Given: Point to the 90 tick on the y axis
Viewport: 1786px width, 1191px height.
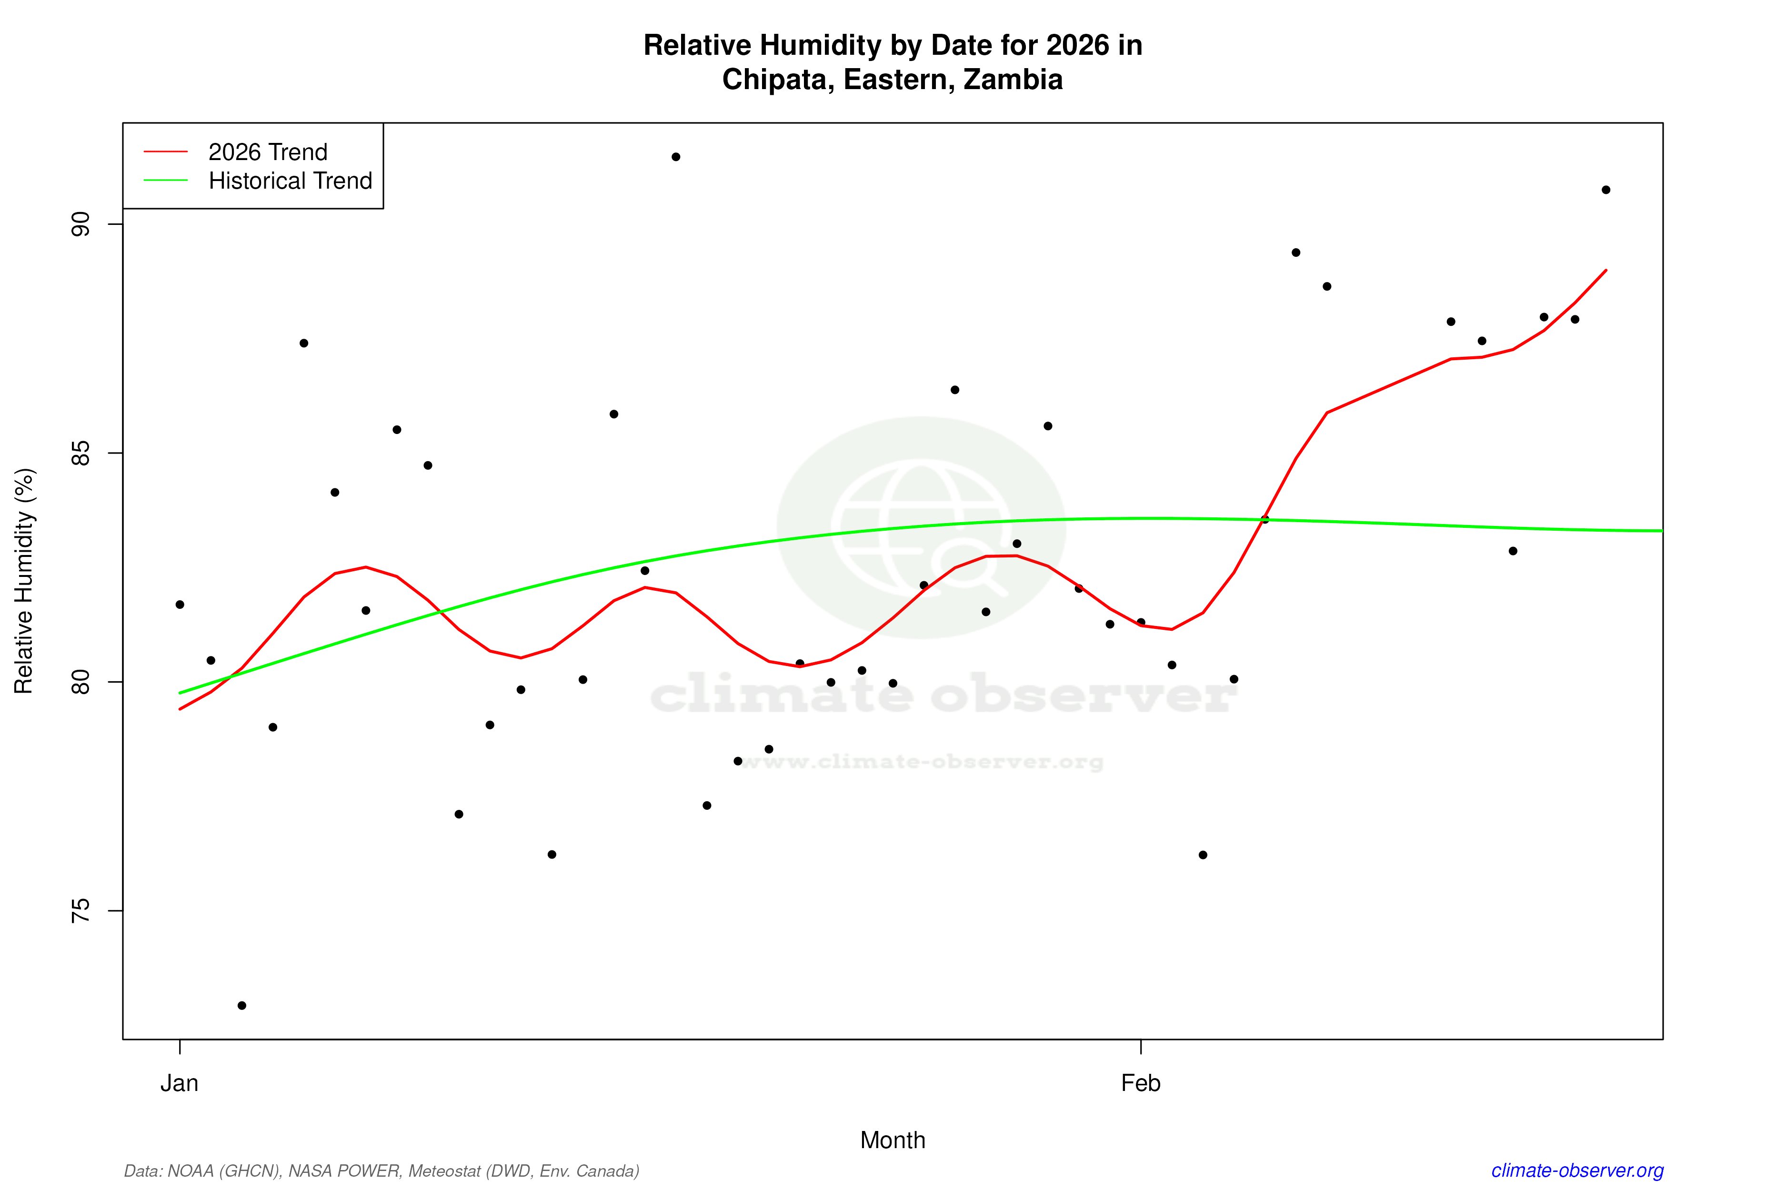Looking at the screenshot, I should tap(80, 224).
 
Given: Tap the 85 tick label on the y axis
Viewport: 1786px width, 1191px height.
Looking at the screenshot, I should tap(80, 454).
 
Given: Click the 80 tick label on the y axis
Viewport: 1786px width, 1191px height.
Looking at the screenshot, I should tap(80, 682).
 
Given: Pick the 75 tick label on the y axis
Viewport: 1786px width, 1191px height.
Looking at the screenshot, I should tap(80, 911).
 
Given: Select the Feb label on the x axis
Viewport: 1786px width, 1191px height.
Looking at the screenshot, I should tap(1141, 1083).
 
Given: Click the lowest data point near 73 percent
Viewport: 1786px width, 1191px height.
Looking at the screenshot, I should tap(242, 1006).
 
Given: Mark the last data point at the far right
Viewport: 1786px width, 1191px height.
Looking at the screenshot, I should tap(1606, 190).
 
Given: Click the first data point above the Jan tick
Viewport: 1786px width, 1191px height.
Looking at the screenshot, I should tap(180, 605).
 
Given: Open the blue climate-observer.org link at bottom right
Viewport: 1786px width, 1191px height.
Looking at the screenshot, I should tap(1577, 1171).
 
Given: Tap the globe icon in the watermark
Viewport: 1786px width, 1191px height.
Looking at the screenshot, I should tap(921, 527).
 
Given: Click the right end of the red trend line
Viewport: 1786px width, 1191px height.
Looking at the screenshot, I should tap(1606, 271).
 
